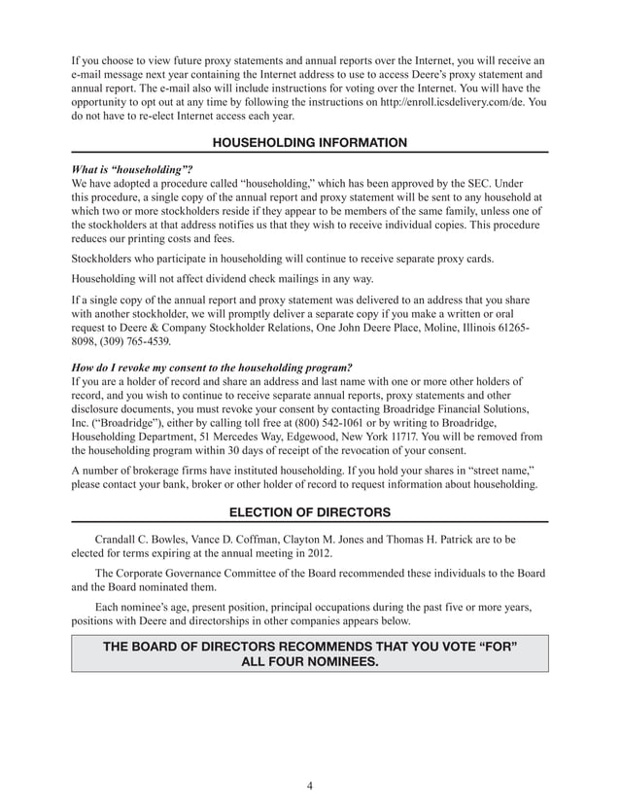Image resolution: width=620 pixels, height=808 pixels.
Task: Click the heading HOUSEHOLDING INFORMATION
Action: click(x=309, y=143)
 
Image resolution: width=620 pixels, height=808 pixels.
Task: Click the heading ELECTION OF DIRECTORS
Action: click(x=309, y=512)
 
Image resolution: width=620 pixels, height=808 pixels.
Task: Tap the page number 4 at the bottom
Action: click(x=309, y=787)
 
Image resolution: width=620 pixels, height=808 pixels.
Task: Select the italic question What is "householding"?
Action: click(x=125, y=167)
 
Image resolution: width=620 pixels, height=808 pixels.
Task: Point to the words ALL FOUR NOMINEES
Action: click(x=309, y=662)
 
